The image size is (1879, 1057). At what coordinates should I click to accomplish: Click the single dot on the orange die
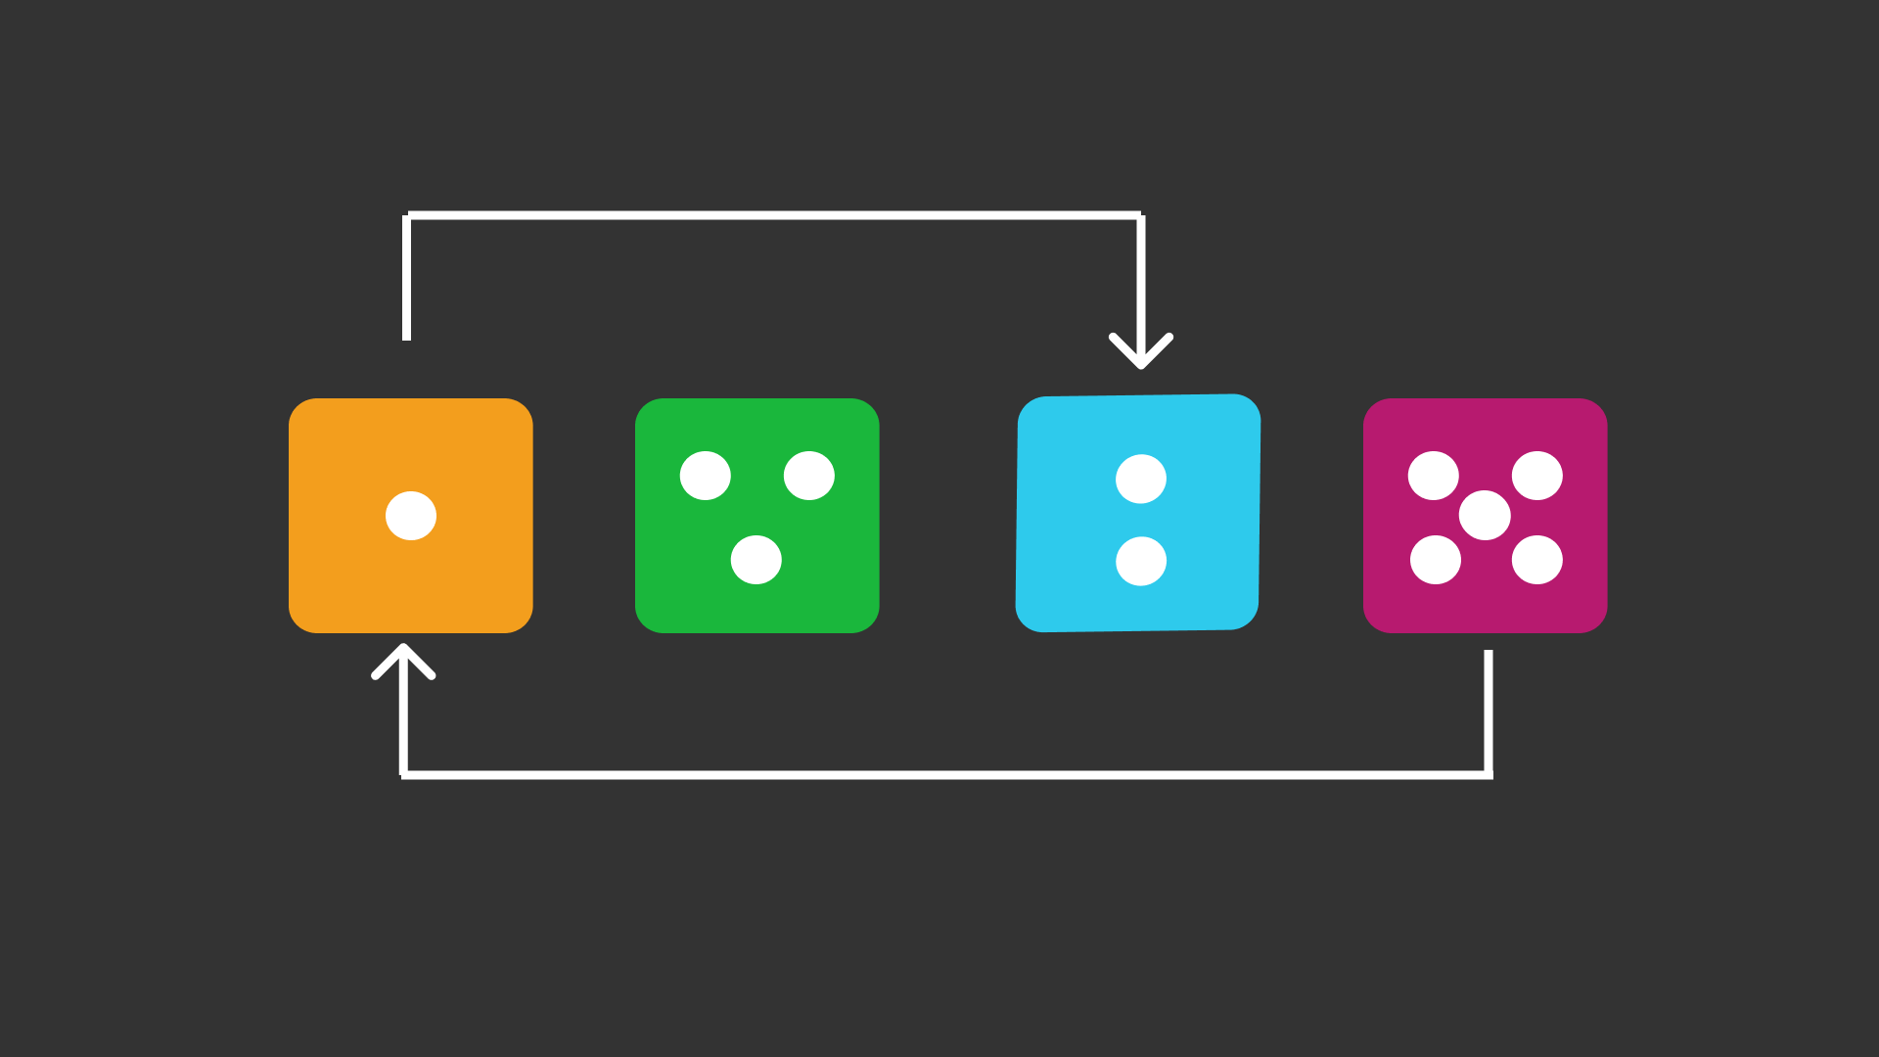click(411, 516)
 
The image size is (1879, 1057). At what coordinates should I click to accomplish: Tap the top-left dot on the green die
click(706, 476)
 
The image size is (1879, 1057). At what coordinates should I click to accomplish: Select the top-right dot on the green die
click(809, 476)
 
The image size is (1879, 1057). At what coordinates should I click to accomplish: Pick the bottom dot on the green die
click(756, 560)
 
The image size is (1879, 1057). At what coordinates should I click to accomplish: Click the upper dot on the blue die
click(1141, 479)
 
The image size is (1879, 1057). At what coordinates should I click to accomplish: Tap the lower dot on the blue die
click(1141, 561)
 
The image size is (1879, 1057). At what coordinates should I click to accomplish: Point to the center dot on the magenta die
click(1485, 516)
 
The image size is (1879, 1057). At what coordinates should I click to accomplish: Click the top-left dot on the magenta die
click(1434, 476)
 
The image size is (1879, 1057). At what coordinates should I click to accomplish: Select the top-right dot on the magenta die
click(1537, 476)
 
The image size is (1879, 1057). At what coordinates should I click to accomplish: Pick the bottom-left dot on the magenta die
click(1436, 560)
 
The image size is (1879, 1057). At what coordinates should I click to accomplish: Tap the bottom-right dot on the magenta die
click(1537, 560)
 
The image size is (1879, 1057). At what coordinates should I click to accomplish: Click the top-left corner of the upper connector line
click(407, 215)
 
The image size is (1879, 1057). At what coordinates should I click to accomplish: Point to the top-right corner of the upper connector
click(1141, 215)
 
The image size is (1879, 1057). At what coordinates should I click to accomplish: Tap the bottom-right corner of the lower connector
click(1489, 774)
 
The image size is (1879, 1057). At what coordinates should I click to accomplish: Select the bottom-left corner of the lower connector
click(403, 774)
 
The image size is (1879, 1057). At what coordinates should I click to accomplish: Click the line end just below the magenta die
click(1489, 654)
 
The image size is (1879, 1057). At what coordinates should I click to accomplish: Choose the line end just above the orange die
click(407, 337)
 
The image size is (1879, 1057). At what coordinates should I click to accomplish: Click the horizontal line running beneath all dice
click(945, 774)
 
